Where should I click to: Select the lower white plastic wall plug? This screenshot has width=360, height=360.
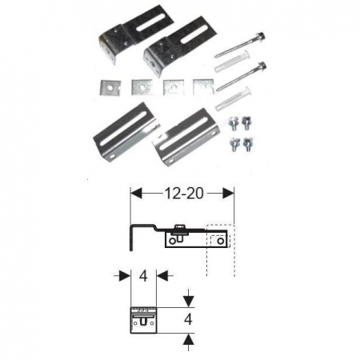point(233,99)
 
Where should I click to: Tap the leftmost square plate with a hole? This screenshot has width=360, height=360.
point(106,86)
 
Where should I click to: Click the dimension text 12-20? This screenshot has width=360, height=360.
point(182,193)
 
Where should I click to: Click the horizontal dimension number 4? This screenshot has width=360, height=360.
point(142,276)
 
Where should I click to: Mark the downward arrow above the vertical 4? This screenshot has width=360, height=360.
point(188,301)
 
